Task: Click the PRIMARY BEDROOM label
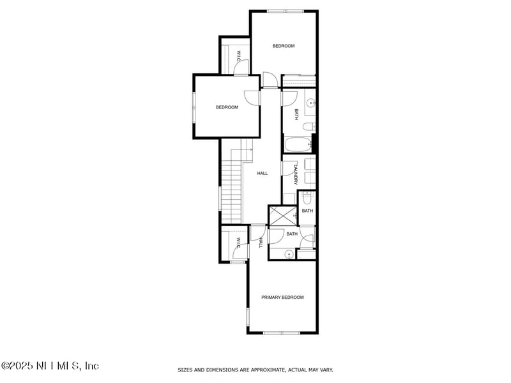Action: click(x=282, y=297)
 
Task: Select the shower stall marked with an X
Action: click(x=282, y=215)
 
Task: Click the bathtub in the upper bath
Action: click(x=298, y=145)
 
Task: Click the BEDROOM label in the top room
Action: click(x=284, y=46)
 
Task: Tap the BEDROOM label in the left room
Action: click(x=226, y=107)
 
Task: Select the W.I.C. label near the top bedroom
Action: click(x=238, y=56)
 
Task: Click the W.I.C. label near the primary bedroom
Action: click(x=238, y=243)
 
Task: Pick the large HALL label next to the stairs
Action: click(x=262, y=173)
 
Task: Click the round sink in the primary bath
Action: click(x=289, y=254)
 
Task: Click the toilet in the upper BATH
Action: click(x=308, y=126)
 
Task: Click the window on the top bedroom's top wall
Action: click(x=286, y=11)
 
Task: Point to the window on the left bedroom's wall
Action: click(x=194, y=107)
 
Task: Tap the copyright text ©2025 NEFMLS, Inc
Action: click(x=50, y=366)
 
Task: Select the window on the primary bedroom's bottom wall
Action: click(x=282, y=333)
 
